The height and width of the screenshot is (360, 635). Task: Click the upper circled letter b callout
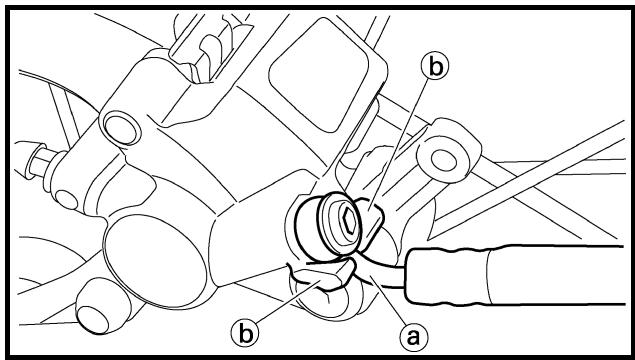(x=435, y=67)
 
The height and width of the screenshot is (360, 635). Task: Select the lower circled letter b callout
(x=245, y=334)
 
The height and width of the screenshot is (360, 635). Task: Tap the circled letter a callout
(x=413, y=337)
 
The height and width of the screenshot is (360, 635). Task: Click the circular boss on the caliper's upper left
(x=122, y=130)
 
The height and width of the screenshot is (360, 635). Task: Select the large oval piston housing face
(x=155, y=260)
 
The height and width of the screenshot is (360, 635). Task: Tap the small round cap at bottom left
(x=94, y=316)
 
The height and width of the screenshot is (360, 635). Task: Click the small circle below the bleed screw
(x=66, y=200)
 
